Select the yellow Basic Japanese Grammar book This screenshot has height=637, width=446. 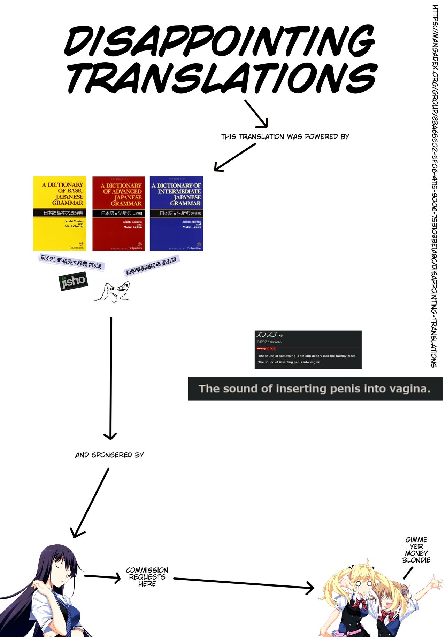(60, 213)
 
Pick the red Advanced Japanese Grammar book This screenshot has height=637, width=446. (118, 213)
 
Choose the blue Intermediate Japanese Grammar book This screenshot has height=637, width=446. (176, 213)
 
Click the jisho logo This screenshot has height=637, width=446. (73, 281)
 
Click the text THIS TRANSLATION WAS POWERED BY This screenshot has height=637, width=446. (285, 137)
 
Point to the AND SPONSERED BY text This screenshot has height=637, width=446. (109, 455)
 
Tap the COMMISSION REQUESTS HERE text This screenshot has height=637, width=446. (147, 577)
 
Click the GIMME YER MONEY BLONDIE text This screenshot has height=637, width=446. (416, 550)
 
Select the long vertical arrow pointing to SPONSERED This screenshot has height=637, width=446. (111, 378)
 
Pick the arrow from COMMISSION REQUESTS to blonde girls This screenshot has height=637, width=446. (244, 583)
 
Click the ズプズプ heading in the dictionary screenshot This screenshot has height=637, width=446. (267, 335)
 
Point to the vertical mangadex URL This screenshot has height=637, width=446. (435, 186)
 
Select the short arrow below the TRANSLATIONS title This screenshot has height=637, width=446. (256, 114)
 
